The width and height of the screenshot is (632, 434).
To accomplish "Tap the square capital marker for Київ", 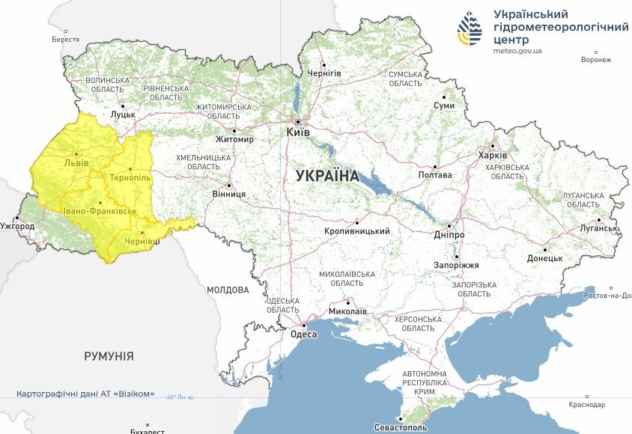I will click(x=298, y=121).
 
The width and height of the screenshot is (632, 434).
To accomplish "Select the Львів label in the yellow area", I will click(x=76, y=162).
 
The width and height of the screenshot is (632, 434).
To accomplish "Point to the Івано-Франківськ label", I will click(x=100, y=211).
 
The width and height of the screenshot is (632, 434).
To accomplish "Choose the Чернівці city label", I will click(x=142, y=242).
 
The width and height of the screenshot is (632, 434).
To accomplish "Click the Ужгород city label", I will click(x=17, y=225).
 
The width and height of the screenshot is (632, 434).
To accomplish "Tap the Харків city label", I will click(x=492, y=156).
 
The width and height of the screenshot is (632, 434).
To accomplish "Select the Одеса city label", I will click(x=304, y=335).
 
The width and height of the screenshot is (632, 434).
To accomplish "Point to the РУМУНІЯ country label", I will click(x=109, y=357).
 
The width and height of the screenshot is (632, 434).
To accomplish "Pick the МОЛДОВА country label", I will click(x=228, y=290).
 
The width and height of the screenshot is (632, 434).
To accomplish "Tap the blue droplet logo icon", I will click(x=471, y=30).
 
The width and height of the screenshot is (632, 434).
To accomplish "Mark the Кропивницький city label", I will click(x=357, y=231).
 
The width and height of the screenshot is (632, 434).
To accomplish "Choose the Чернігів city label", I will click(x=324, y=73).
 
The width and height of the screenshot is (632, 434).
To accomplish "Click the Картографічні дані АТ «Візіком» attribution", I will click(x=85, y=394).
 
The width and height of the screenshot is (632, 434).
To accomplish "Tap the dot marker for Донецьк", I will click(x=545, y=249).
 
